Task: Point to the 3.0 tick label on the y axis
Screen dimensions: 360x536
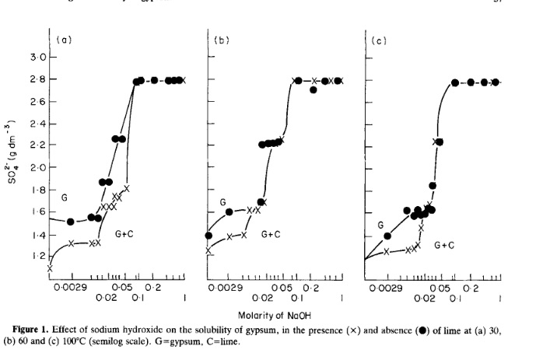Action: coord(37,58)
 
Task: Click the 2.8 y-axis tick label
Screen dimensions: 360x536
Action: coord(37,79)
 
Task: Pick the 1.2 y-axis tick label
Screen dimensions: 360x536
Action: coord(37,256)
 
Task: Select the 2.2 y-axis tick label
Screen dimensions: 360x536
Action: coord(37,145)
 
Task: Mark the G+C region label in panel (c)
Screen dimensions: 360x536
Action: coord(447,245)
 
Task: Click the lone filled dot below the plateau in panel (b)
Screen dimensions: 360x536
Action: coord(313,90)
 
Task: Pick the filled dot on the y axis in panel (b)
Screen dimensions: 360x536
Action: coord(208,236)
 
